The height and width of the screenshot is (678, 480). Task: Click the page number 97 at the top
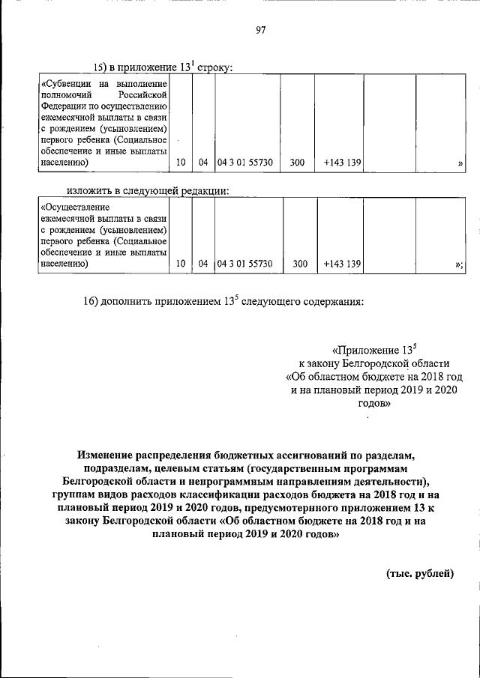tap(260, 30)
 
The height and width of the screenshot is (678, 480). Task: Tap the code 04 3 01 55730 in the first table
tap(245, 162)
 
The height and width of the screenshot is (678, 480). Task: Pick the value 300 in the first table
tap(297, 162)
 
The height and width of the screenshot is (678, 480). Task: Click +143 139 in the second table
tap(343, 264)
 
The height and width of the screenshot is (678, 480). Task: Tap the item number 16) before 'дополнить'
tap(92, 303)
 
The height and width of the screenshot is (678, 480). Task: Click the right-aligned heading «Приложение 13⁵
tap(373, 349)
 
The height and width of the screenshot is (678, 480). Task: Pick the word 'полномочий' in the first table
tap(65, 95)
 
